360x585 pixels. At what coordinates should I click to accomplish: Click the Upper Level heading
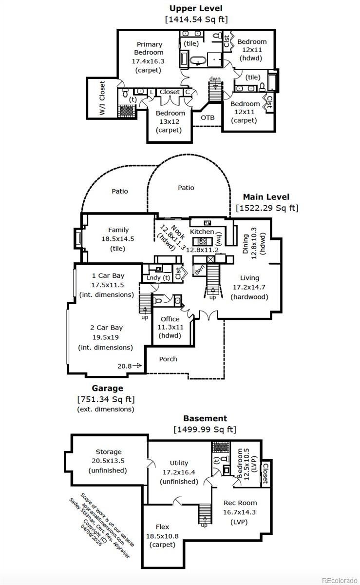point(196,8)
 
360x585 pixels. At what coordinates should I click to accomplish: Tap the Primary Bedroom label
point(149,48)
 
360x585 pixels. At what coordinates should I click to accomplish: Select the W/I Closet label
point(102,98)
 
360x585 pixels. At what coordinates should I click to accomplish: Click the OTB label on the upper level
point(208,118)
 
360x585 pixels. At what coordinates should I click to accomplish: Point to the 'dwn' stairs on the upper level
point(215,91)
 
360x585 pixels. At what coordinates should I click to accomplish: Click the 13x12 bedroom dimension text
point(170,122)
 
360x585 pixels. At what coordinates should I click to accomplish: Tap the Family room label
point(118,230)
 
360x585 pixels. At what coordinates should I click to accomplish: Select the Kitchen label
point(202,232)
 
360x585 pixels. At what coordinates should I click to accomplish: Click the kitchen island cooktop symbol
point(202,241)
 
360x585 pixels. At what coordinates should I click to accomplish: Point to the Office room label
point(170,319)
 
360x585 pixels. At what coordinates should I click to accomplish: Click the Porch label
point(168,359)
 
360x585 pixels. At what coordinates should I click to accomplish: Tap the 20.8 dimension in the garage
point(125,366)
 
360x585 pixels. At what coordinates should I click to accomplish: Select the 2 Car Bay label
point(106,328)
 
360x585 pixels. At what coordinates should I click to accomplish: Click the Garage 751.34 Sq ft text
point(106,399)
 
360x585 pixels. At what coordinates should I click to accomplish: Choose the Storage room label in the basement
point(109,452)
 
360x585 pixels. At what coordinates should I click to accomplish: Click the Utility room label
point(179,463)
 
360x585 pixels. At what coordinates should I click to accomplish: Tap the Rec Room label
point(240,503)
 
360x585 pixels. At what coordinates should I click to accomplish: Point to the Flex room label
point(162,527)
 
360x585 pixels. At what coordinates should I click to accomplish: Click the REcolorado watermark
point(340,580)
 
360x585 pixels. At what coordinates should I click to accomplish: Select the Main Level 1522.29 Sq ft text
point(266,202)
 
